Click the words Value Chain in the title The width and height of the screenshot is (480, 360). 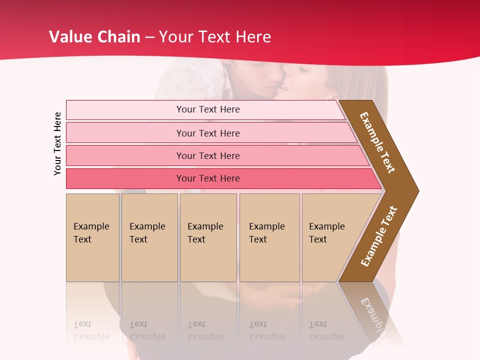pyautogui.click(x=94, y=37)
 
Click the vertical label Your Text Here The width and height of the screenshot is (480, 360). pyautogui.click(x=57, y=143)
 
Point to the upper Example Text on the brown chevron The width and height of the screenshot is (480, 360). pyautogui.click(x=377, y=142)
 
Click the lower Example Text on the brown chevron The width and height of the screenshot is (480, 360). pyautogui.click(x=378, y=236)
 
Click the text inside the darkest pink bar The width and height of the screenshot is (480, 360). pyautogui.click(x=208, y=178)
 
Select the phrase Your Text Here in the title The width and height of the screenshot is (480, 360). pyautogui.click(x=215, y=37)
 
